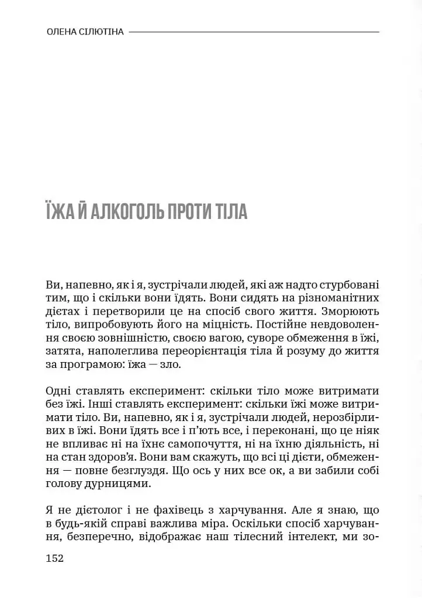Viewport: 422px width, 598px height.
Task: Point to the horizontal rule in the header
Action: coord(254,32)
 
